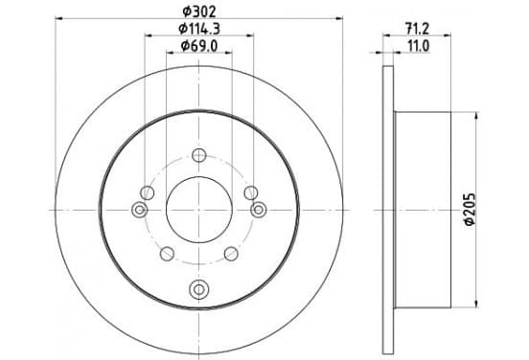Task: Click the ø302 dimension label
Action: [199, 12]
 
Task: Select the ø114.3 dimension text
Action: [199, 29]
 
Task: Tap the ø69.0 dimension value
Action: [199, 46]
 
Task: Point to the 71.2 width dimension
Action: [417, 29]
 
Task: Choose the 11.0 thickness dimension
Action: [419, 46]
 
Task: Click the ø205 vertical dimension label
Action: [470, 210]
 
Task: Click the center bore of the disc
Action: [199, 210]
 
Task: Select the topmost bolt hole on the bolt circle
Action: [199, 155]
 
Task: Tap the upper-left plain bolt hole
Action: [147, 192]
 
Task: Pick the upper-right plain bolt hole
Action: [251, 192]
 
